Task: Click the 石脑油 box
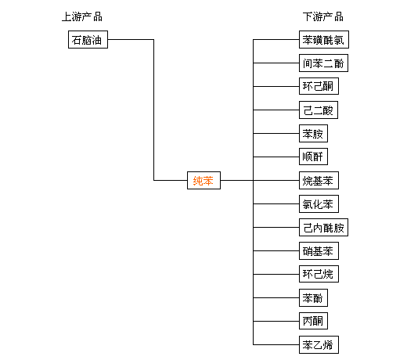pyautogui.click(x=88, y=40)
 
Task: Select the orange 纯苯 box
pyautogui.click(x=203, y=180)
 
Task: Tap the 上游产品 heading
pyautogui.click(x=82, y=17)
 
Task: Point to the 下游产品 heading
pyautogui.click(x=323, y=17)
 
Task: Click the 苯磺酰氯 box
pyautogui.click(x=324, y=40)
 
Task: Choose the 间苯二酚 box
pyautogui.click(x=323, y=63)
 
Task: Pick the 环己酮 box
pyautogui.click(x=319, y=86)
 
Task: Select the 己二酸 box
pyautogui.click(x=319, y=110)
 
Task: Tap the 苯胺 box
pyautogui.click(x=313, y=133)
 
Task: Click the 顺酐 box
pyautogui.click(x=313, y=157)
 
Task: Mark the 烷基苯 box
pyautogui.click(x=319, y=180)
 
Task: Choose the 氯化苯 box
pyautogui.click(x=319, y=203)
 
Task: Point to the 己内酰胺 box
pyautogui.click(x=323, y=227)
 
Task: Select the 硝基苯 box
pyautogui.click(x=319, y=250)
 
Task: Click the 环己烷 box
pyautogui.click(x=319, y=274)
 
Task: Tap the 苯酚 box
pyautogui.click(x=313, y=297)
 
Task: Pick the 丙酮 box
pyautogui.click(x=313, y=321)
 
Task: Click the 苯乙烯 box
pyautogui.click(x=319, y=344)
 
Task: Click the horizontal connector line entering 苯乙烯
pyautogui.click(x=276, y=344)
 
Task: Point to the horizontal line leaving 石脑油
pyautogui.click(x=131, y=40)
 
